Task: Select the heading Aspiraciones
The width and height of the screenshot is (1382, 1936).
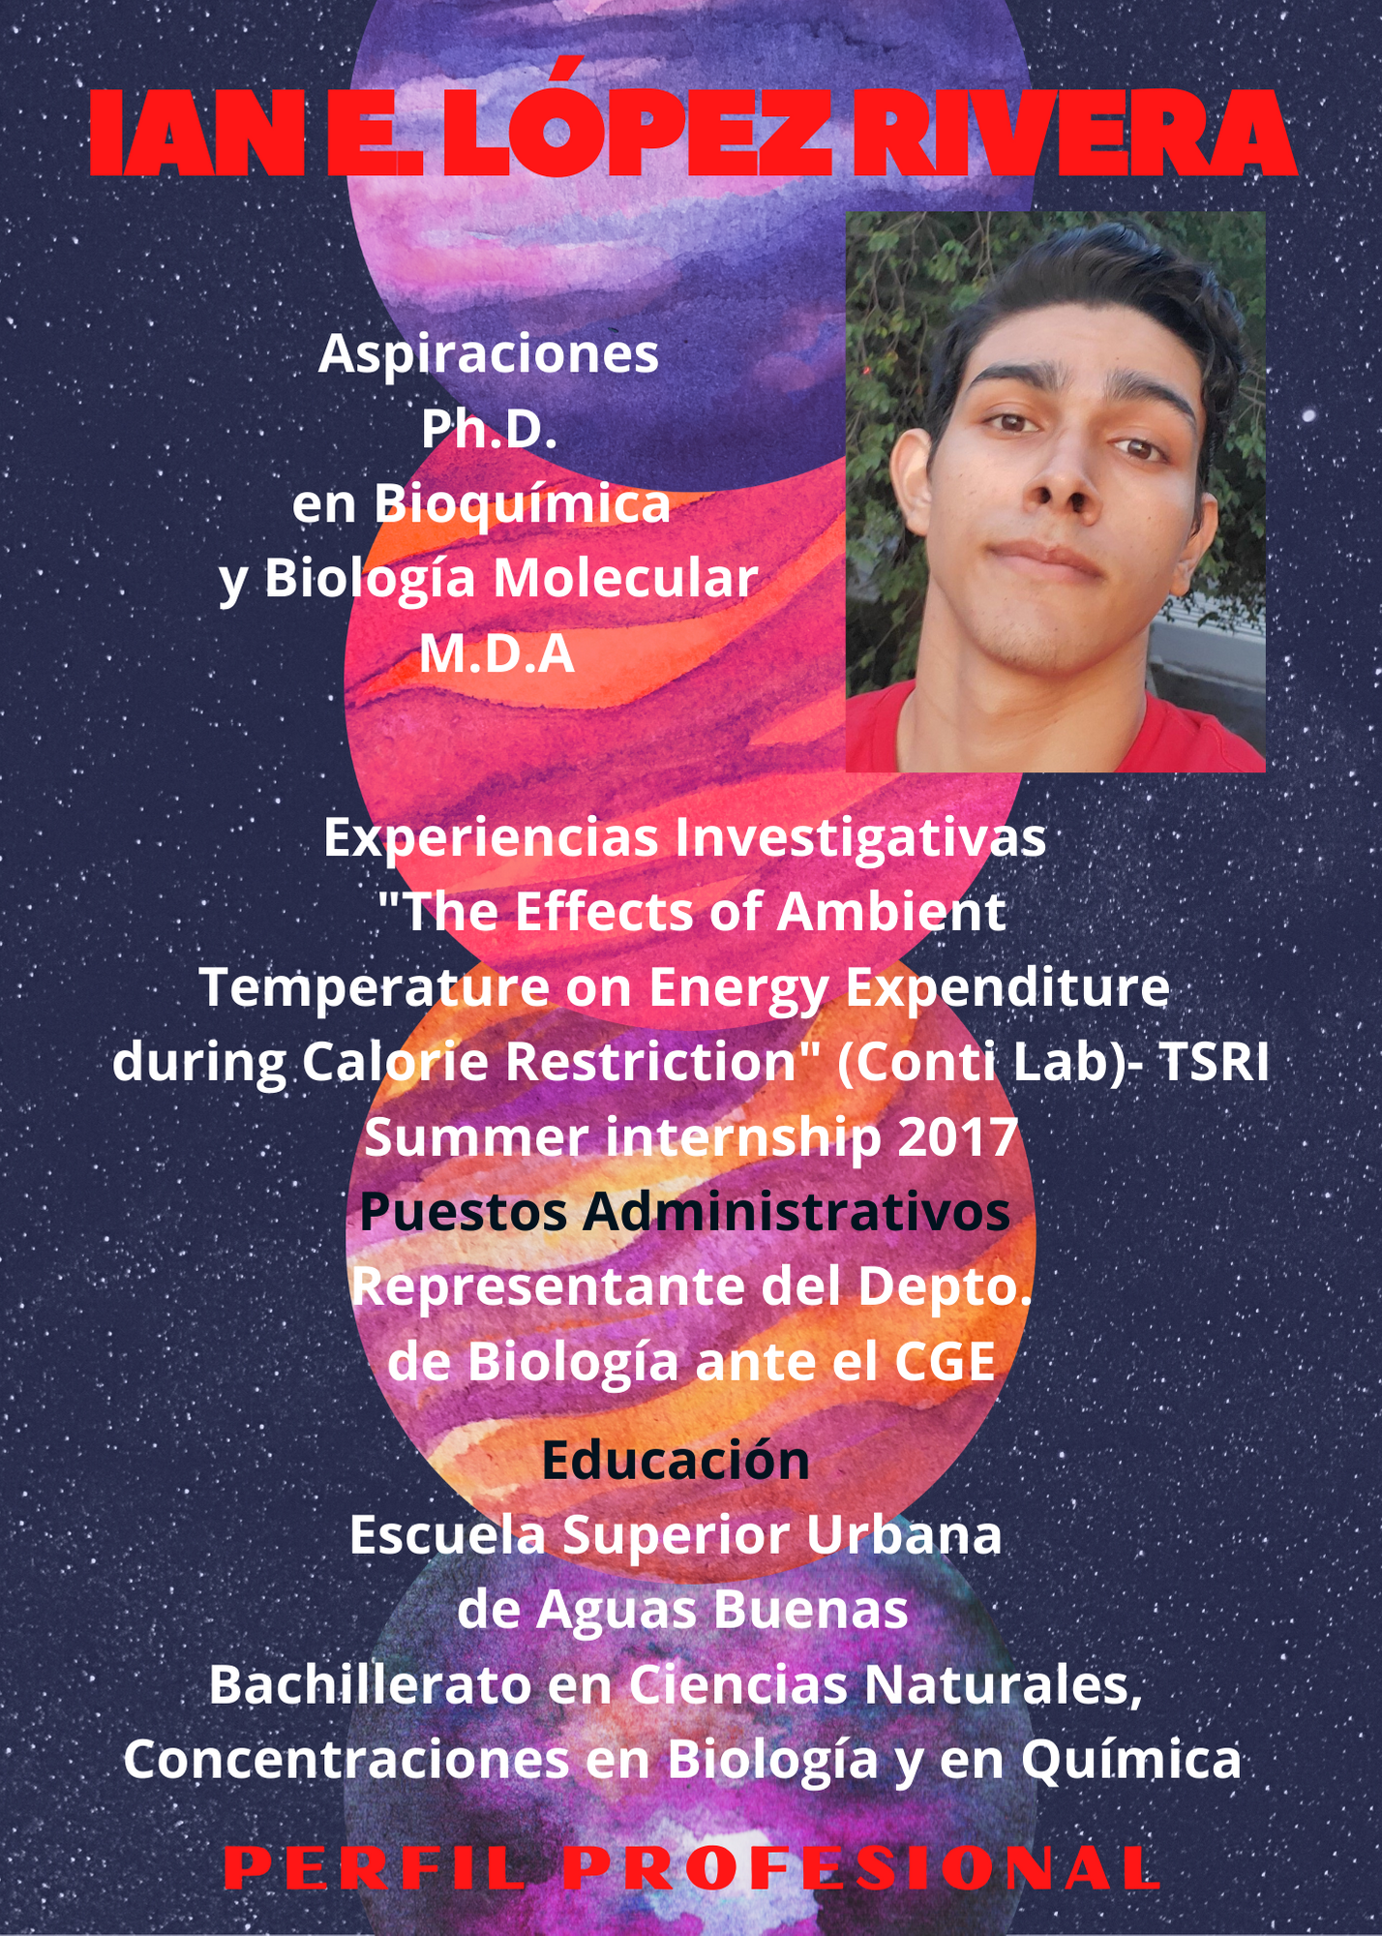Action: (x=489, y=355)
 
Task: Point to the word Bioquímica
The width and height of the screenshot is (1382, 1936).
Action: (x=523, y=505)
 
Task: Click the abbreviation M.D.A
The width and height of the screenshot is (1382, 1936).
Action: (x=496, y=653)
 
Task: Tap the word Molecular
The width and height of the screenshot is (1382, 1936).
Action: (x=626, y=578)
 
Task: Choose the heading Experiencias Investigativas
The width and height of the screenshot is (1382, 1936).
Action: (x=684, y=837)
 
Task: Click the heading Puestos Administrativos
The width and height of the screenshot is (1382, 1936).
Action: (x=685, y=1212)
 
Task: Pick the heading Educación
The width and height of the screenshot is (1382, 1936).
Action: (x=676, y=1460)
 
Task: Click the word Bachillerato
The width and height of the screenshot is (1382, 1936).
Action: (x=370, y=1685)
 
